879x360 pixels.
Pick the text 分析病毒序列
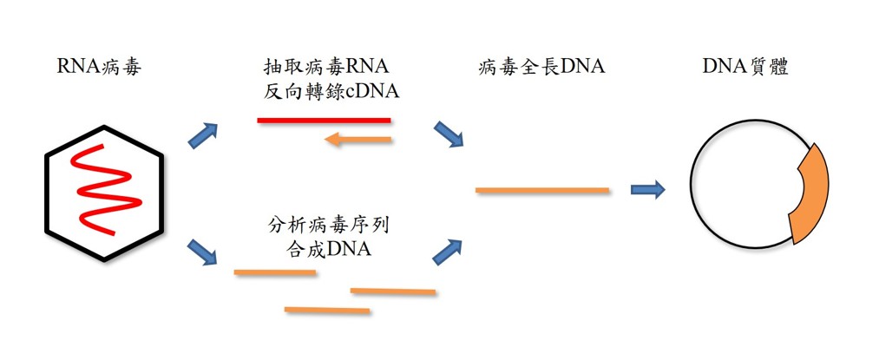[327, 228]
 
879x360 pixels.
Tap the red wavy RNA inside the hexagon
[103, 190]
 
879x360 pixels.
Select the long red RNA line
[324, 120]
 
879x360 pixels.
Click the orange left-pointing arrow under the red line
[357, 139]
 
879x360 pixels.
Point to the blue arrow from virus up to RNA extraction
[203, 135]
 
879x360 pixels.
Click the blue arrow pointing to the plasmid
[647, 189]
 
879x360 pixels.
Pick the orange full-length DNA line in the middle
[542, 189]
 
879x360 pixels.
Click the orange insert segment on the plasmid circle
[810, 196]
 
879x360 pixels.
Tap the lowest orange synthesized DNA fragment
[327, 310]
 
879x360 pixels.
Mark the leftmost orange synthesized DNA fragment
[274, 272]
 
